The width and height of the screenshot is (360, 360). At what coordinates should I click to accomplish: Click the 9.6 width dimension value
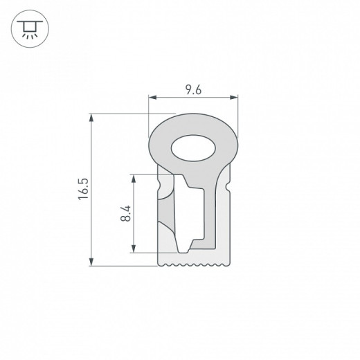coord(194,89)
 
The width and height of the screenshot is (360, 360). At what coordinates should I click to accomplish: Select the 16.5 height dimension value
coord(82,189)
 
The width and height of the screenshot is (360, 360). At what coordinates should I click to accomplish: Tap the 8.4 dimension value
coord(125,213)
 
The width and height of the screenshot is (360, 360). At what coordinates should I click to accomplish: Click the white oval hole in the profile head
coord(194,147)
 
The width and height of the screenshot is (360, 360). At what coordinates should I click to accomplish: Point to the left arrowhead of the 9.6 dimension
coord(152,98)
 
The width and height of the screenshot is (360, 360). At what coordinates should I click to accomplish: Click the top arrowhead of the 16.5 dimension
coord(92,116)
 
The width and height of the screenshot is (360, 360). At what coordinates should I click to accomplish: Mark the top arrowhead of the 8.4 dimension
coord(134,177)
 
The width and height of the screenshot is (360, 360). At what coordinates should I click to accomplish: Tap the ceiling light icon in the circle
coord(28,28)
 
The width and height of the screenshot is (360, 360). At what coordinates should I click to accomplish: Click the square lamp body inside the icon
coord(28,26)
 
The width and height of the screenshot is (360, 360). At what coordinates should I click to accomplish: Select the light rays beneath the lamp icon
coord(28,34)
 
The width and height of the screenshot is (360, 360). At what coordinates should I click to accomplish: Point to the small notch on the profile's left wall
coord(163,187)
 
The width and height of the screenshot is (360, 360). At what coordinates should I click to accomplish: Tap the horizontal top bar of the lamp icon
coord(28,21)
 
